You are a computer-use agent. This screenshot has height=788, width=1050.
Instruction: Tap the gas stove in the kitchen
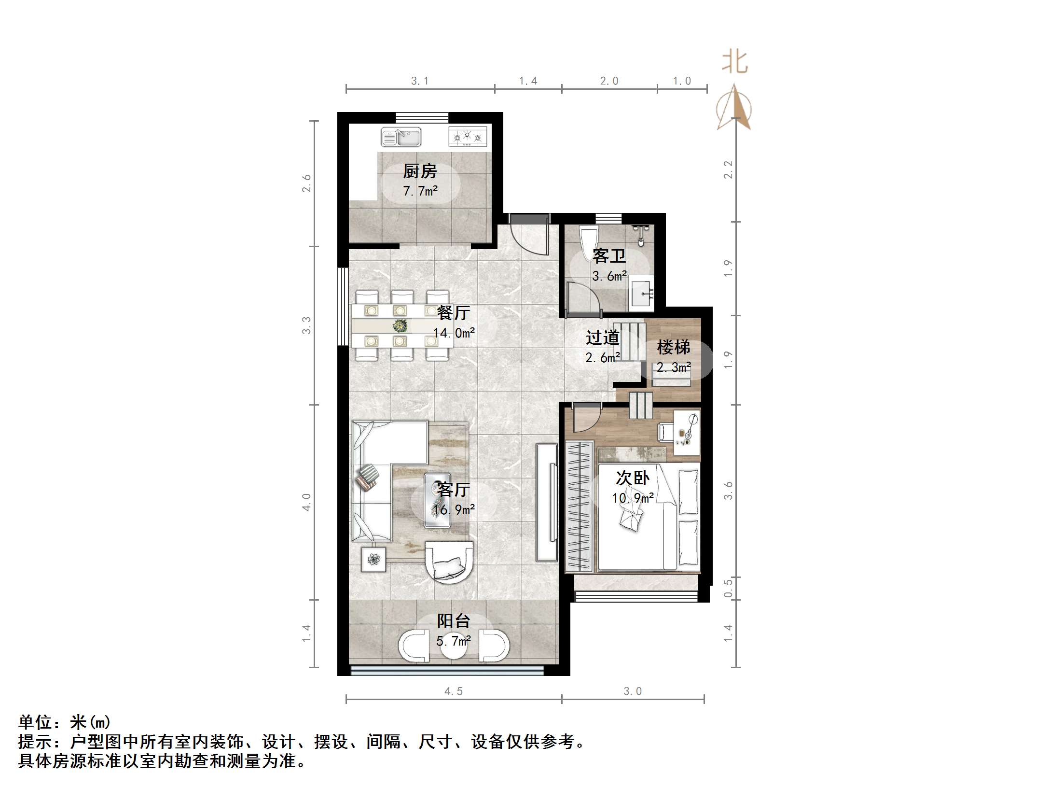tap(467, 137)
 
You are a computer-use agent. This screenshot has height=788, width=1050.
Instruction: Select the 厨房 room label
tap(420, 171)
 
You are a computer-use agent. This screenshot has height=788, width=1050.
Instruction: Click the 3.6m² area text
tap(609, 276)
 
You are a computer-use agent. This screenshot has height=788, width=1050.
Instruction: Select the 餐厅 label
tap(453, 313)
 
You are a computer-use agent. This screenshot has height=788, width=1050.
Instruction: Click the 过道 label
tap(602, 338)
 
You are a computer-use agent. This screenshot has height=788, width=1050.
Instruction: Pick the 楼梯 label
tap(673, 347)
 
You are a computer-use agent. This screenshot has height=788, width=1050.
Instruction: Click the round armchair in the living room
tap(449, 563)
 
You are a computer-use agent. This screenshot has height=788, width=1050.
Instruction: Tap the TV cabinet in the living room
tap(547, 502)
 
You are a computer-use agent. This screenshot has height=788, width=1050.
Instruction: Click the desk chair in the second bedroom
tap(665, 431)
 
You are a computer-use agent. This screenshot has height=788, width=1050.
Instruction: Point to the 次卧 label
tap(632, 478)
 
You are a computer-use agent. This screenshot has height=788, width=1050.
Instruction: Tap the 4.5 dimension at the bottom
tap(453, 691)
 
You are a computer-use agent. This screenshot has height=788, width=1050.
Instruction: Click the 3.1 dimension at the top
tap(419, 81)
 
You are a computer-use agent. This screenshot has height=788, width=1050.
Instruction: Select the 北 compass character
tap(734, 63)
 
